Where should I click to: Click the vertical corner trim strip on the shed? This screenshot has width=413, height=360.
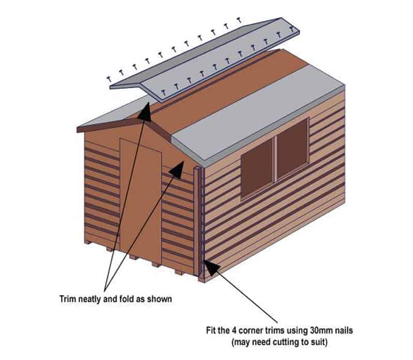(201, 222)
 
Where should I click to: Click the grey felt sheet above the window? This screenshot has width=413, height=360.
(258, 111)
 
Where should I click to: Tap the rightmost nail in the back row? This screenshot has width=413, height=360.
(239, 20)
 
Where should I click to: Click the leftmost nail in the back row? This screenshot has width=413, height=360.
(109, 78)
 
